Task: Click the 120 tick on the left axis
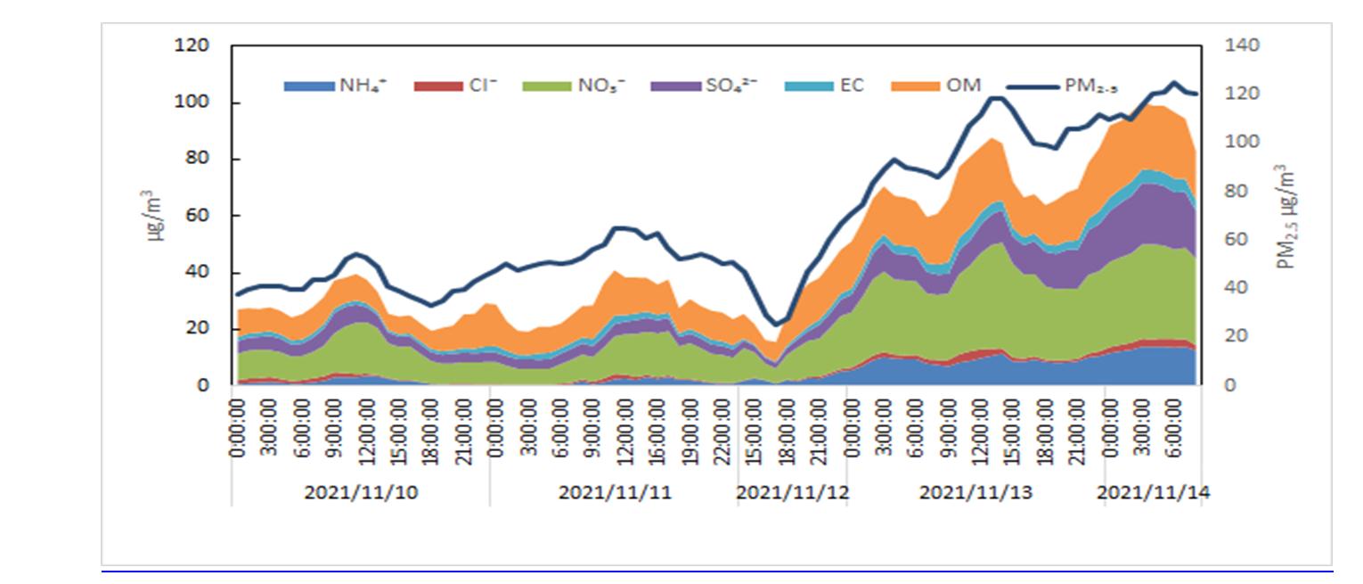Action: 193,45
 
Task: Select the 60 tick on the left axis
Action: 198,216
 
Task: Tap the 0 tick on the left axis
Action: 203,386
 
